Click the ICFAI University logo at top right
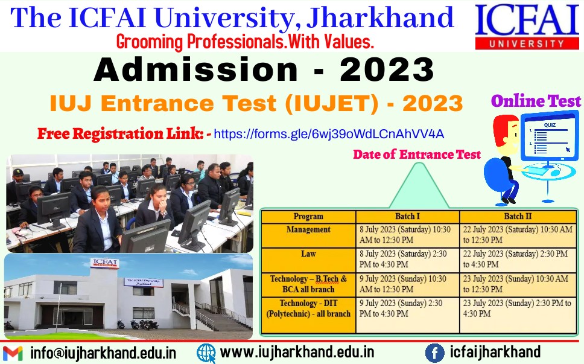coord(527,27)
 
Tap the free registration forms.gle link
coord(329,134)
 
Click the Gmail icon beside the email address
coord(13,353)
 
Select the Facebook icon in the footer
coord(434,353)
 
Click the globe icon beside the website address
coord(206,353)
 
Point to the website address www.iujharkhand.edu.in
coord(297,352)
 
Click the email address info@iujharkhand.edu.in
coord(103,353)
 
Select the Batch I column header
coord(407,217)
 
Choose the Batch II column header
coord(518,217)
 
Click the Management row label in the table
coord(308,229)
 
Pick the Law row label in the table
coord(308,254)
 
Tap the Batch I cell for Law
coord(407,260)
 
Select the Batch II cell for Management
coord(518,235)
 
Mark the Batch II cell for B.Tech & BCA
coord(518,284)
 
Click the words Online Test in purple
coord(536,101)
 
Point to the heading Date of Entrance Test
coord(417,155)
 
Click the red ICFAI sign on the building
coord(104,263)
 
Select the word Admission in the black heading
coord(195,69)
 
